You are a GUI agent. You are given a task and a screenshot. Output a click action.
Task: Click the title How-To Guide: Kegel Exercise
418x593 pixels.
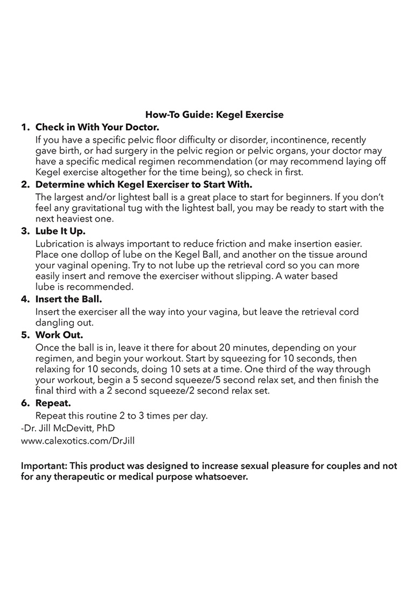click(214, 115)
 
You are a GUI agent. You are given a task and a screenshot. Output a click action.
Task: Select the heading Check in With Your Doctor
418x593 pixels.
click(97, 128)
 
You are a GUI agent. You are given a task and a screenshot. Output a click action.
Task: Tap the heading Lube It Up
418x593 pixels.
click(60, 231)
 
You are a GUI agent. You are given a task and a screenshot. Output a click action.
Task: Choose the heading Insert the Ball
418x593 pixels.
click(68, 299)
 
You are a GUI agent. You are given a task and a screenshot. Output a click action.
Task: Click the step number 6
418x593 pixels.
click(24, 403)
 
